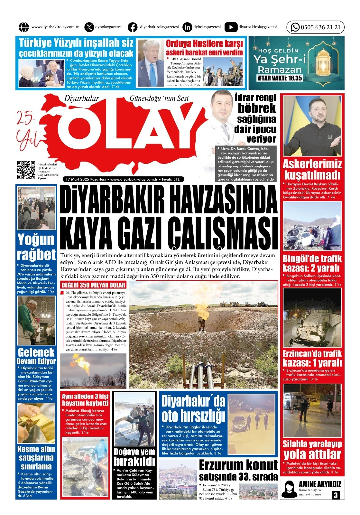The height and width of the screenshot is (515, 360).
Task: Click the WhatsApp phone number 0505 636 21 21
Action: (x=320, y=27)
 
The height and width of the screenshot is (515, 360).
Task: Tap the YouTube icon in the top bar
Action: (x=231, y=27)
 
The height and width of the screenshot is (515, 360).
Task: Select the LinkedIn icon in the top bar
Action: (x=187, y=27)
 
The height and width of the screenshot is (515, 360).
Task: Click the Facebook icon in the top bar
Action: (x=132, y=27)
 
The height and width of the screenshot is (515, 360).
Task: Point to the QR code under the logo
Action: (x=26, y=170)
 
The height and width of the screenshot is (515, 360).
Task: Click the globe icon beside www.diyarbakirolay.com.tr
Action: (x=24, y=27)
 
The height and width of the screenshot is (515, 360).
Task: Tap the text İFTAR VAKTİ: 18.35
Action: (x=280, y=78)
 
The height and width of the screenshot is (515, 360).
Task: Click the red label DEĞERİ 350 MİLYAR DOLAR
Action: (x=93, y=285)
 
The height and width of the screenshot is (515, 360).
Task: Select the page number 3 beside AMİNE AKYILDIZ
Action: (x=336, y=495)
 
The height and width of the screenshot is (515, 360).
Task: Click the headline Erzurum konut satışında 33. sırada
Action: (x=238, y=470)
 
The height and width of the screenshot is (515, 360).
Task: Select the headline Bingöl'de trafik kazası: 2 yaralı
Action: (x=312, y=263)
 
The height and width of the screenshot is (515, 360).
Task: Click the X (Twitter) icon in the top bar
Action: (x=89, y=27)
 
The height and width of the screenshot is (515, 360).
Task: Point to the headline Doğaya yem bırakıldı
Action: (x=134, y=457)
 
